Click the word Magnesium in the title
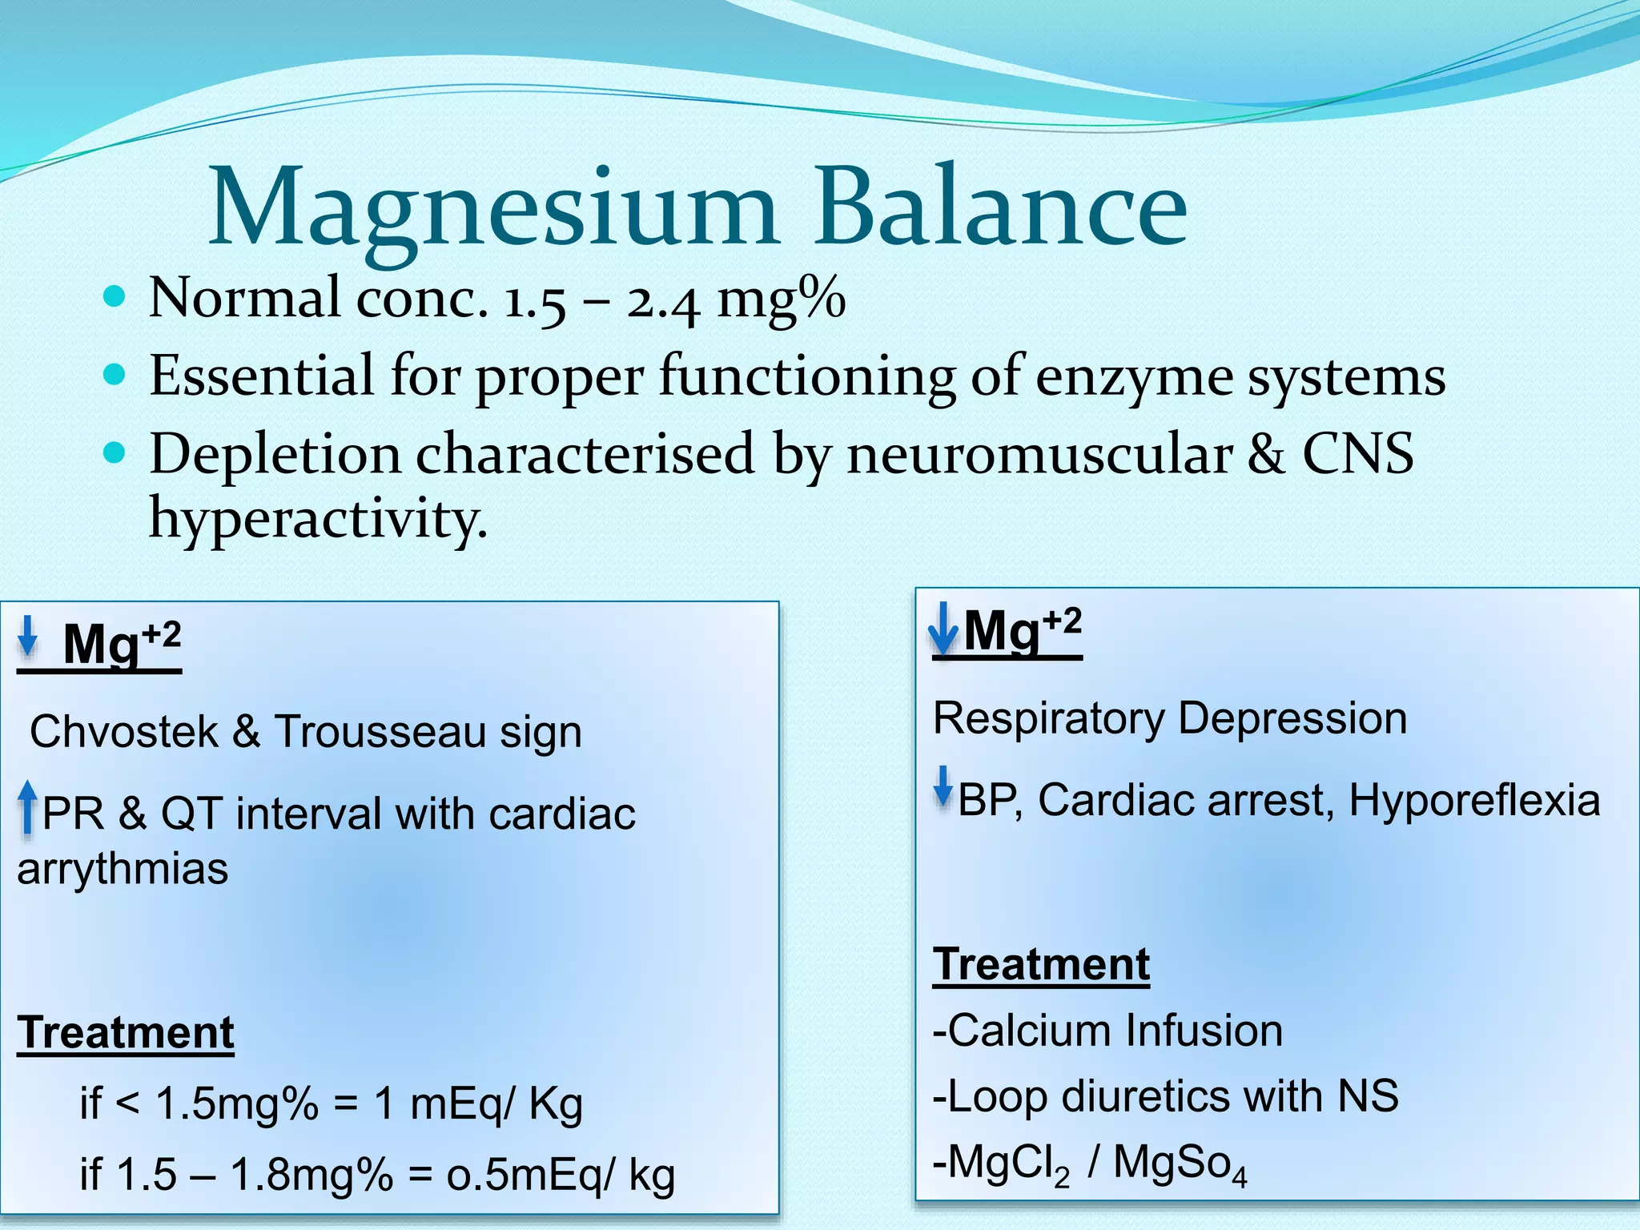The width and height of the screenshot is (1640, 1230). [492, 208]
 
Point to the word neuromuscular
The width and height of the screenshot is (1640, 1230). [1039, 454]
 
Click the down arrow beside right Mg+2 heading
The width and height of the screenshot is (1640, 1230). [943, 629]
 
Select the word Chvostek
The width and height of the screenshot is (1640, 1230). [123, 732]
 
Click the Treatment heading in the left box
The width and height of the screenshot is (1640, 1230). [126, 1033]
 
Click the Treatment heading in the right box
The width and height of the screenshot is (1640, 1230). [1041, 964]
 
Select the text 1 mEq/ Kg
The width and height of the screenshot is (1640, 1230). [478, 1103]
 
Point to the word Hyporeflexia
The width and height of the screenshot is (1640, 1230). [1473, 800]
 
